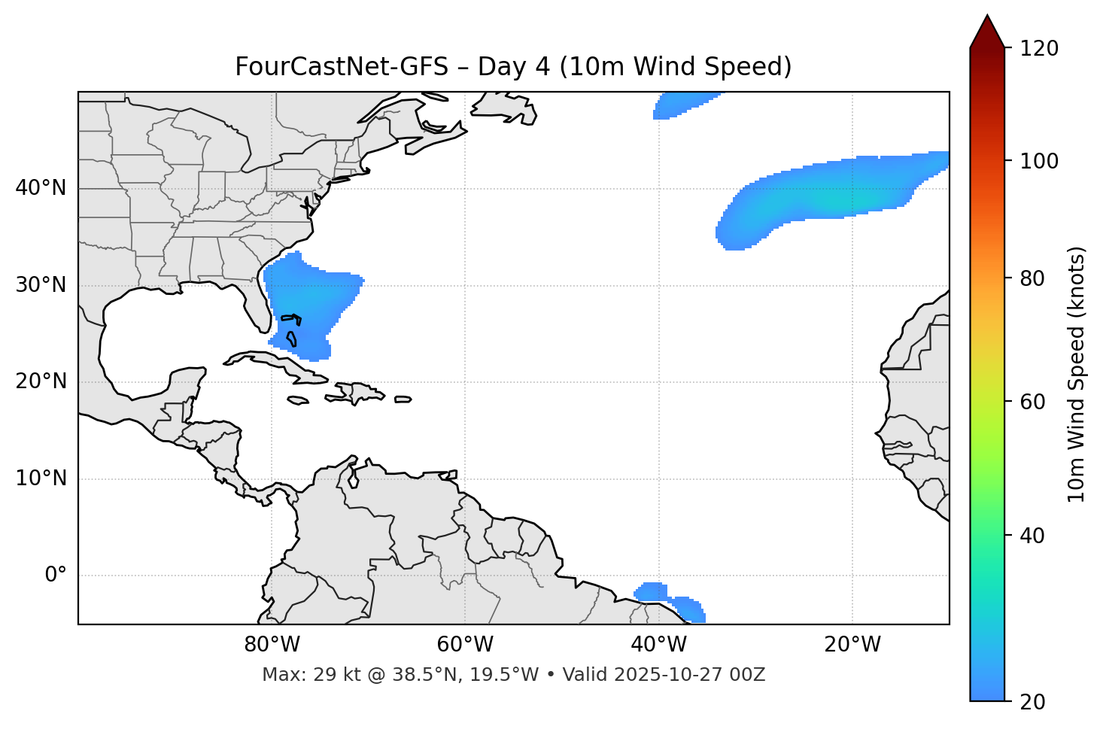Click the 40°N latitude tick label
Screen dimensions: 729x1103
[x=41, y=188]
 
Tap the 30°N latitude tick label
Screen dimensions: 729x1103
[x=41, y=285]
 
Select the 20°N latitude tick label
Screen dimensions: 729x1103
[x=41, y=381]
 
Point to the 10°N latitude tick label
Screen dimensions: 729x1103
[x=41, y=478]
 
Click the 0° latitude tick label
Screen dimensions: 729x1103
[x=56, y=576]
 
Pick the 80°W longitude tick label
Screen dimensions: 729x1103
[x=272, y=645]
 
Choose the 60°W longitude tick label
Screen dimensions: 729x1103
[x=465, y=645]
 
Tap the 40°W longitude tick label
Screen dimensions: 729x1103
[x=658, y=645]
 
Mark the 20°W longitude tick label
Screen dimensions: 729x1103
[x=852, y=645]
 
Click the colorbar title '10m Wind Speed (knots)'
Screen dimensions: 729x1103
[x=1077, y=374]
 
